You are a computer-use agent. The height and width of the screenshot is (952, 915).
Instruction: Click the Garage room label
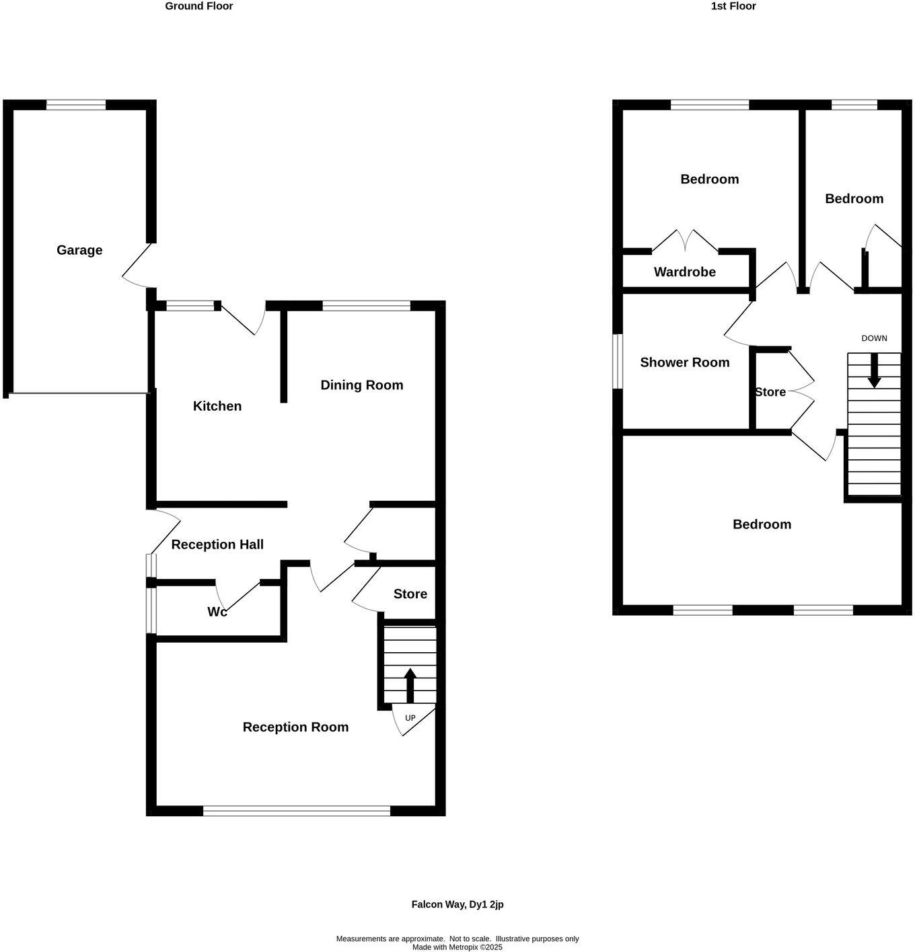79,250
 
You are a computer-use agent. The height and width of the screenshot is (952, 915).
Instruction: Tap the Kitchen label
217,406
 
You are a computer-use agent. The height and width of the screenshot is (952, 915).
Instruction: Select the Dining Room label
361,385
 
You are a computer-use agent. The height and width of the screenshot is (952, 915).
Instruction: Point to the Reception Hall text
217,545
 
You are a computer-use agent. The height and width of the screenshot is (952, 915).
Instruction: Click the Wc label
217,612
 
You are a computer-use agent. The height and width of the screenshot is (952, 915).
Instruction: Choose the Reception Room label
295,727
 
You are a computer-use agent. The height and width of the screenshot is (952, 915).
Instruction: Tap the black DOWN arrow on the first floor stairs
874,370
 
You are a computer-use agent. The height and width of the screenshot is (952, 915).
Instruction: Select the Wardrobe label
684,272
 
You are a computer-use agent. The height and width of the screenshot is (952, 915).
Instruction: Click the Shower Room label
684,362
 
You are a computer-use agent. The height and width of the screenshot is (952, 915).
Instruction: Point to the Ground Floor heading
199,6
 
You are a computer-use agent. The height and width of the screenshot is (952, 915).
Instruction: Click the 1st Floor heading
733,6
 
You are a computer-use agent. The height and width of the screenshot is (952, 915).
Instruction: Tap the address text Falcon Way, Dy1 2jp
458,904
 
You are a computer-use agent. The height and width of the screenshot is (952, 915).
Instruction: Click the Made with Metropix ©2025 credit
458,947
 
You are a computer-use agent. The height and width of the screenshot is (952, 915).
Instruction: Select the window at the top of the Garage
76,105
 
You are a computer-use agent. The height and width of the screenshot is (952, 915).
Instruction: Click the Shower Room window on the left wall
617,362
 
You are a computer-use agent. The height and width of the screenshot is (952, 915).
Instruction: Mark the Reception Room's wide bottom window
296,811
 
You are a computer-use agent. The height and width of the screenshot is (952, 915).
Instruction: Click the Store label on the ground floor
410,594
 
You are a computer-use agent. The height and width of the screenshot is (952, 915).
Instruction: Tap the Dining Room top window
366,306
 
